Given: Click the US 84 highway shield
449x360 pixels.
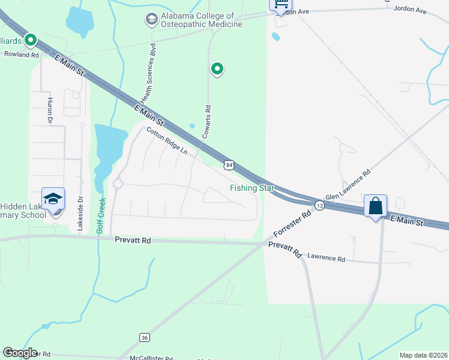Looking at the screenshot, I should [229, 164].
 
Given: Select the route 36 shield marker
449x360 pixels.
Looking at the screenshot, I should [143, 337].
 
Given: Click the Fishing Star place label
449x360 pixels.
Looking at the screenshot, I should [252, 188].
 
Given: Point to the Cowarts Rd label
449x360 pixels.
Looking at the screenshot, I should [206, 122].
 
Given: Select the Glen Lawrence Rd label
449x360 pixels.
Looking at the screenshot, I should [348, 185].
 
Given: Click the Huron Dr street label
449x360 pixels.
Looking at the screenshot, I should [50, 110].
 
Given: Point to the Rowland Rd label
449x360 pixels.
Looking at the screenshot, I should [21, 54].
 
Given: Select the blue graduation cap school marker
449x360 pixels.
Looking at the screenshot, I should [52, 199].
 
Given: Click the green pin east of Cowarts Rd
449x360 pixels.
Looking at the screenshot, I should [217, 69].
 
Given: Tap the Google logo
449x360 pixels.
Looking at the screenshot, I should [19, 352].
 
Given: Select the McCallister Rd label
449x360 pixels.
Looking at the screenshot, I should [151, 357].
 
